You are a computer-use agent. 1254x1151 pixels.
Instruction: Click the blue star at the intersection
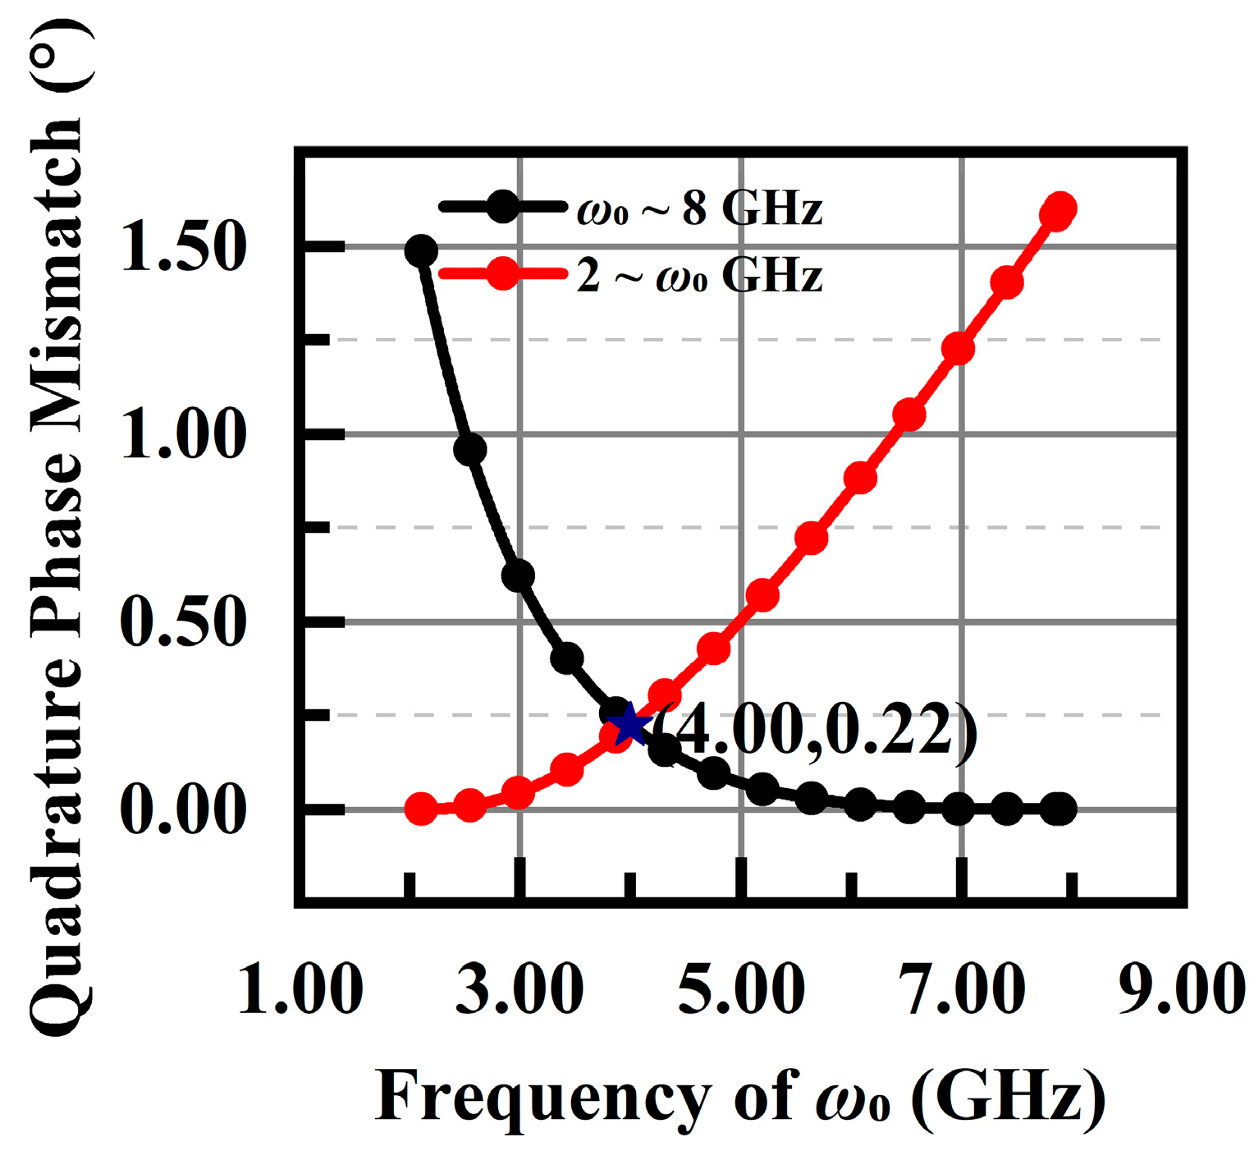pyautogui.click(x=630, y=724)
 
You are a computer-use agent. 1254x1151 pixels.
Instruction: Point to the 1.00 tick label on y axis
pyautogui.click(x=183, y=434)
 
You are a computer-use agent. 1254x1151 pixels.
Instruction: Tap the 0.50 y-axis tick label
pyautogui.click(x=183, y=621)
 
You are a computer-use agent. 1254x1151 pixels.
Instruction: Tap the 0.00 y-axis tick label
pyautogui.click(x=183, y=809)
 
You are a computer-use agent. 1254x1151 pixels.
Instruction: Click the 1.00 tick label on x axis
pyautogui.click(x=300, y=989)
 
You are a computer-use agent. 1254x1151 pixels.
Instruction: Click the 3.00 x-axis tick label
pyautogui.click(x=519, y=989)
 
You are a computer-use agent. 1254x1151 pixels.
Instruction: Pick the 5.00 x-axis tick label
pyautogui.click(x=741, y=989)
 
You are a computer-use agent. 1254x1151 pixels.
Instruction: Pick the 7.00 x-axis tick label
pyautogui.click(x=962, y=989)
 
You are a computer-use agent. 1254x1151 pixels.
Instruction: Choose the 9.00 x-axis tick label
pyautogui.click(x=1182, y=989)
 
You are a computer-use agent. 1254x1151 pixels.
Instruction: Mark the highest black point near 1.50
pyautogui.click(x=421, y=251)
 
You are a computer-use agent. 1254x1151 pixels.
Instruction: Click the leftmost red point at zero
pyautogui.click(x=421, y=809)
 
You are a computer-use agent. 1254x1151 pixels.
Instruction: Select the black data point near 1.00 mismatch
pyautogui.click(x=469, y=450)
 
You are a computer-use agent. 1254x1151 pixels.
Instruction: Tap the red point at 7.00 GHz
pyautogui.click(x=958, y=349)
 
